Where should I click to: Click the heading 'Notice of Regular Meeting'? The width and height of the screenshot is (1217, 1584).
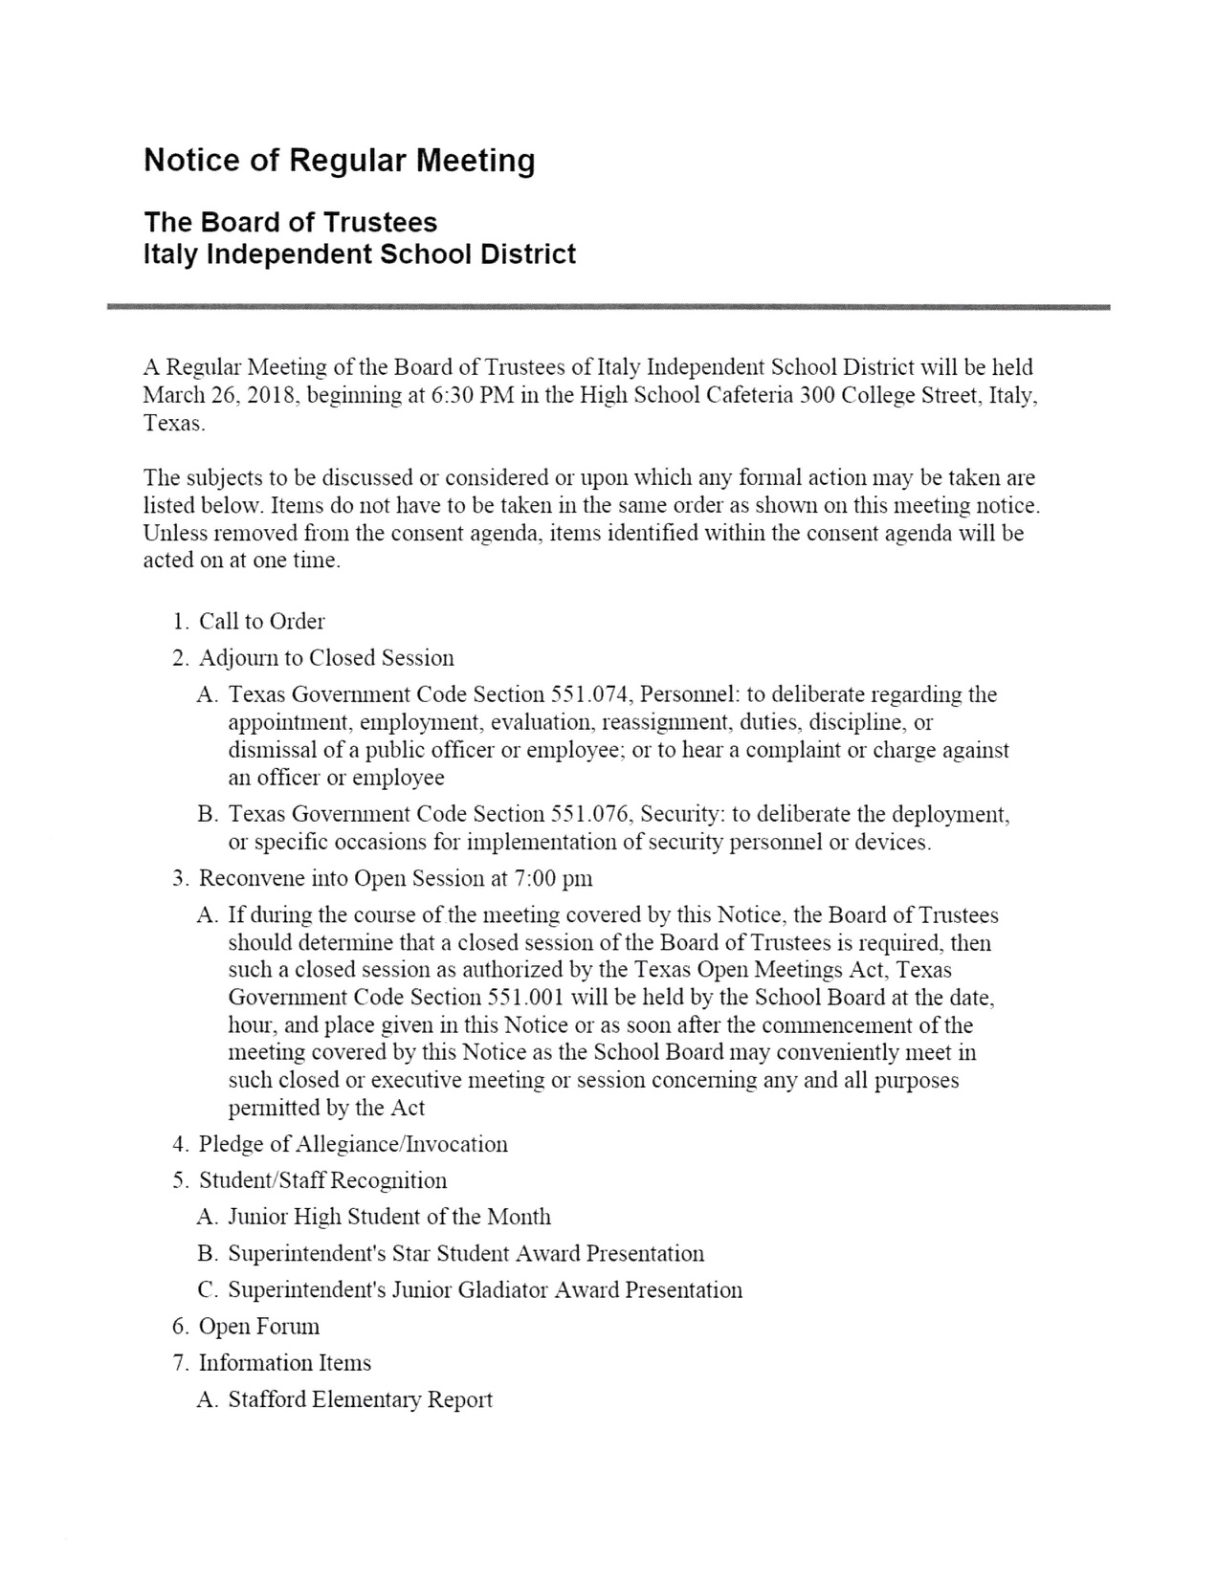(x=339, y=161)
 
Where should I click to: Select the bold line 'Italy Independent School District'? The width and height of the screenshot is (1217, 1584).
(x=360, y=254)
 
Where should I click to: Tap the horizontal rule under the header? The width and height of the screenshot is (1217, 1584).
(x=608, y=307)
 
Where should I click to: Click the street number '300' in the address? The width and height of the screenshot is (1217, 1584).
(x=816, y=395)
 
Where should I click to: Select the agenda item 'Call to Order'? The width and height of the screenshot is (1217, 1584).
(x=261, y=622)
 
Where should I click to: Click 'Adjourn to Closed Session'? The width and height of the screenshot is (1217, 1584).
(x=325, y=658)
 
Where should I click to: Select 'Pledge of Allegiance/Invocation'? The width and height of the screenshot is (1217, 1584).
(x=353, y=1144)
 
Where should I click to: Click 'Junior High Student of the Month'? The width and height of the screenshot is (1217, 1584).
(x=389, y=1217)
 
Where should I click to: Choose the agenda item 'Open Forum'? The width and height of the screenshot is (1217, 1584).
(x=259, y=1326)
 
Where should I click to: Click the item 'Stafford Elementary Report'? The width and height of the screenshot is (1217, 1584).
(x=360, y=1399)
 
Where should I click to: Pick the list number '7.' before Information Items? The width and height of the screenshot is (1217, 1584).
(x=181, y=1363)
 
